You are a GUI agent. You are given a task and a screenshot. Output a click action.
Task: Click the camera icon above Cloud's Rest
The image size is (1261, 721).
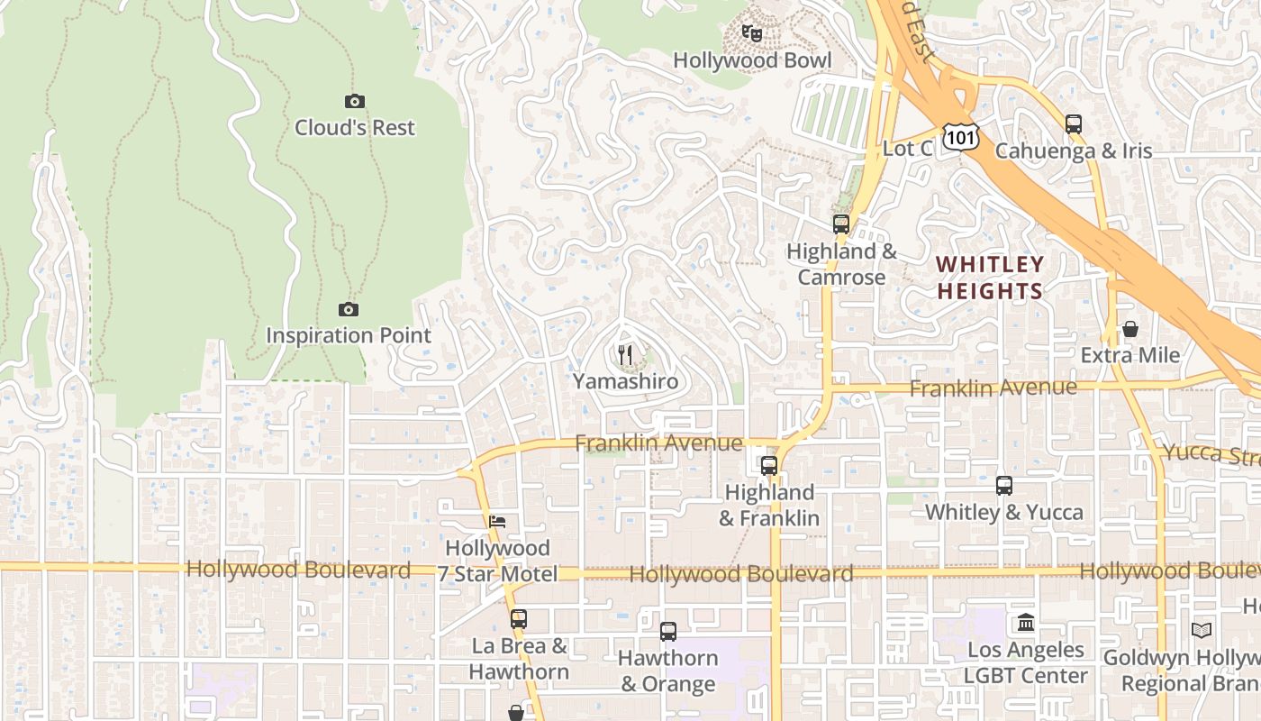pos(355,102)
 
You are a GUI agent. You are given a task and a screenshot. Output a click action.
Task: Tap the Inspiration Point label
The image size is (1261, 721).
pos(349,335)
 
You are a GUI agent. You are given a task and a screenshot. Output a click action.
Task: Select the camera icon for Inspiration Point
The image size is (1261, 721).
pos(349,310)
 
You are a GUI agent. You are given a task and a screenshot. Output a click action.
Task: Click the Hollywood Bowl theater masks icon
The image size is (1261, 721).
pos(752,34)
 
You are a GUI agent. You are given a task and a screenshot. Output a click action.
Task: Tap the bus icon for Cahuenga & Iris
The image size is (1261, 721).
pos(1073,124)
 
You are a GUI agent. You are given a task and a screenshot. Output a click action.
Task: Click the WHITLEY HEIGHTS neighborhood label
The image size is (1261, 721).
pos(989,278)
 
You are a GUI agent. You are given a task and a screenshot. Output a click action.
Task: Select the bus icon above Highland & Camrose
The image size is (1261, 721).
pos(841,224)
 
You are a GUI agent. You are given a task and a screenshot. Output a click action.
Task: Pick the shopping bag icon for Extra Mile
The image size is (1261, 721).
pos(1130,330)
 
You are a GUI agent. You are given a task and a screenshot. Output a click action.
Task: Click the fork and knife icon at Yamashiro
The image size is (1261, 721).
pos(626,355)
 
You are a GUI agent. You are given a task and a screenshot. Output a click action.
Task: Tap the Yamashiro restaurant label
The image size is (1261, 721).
pos(626,381)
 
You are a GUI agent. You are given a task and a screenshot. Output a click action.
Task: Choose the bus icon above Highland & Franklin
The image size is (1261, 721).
pos(769,466)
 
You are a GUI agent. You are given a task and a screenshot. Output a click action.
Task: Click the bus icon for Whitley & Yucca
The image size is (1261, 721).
pos(1004,486)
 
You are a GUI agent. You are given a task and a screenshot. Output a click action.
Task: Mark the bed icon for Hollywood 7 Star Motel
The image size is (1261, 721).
pos(497,522)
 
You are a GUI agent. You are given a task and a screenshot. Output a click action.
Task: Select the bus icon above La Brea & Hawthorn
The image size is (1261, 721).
pos(518,619)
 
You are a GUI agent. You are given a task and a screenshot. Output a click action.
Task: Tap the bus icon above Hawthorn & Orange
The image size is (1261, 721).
pos(668,632)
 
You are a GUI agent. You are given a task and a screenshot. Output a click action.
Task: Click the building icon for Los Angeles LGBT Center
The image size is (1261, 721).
pos(1025,623)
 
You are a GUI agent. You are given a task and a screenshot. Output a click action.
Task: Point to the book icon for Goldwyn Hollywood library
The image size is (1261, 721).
pos(1202,630)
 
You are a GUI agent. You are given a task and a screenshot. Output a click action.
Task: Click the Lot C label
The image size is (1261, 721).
pos(907,149)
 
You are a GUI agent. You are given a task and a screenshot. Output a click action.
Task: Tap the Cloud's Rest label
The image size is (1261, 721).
pos(355,128)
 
